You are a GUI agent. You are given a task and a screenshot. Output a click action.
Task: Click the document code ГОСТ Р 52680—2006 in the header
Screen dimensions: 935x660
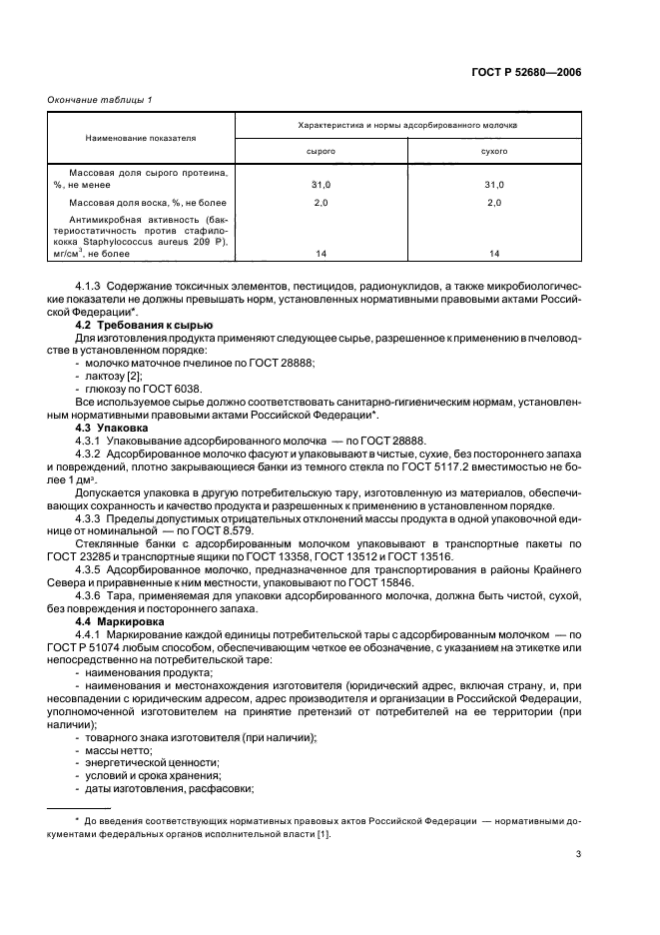526,72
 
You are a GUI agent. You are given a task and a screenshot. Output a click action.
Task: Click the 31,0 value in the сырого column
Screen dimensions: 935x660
320,185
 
